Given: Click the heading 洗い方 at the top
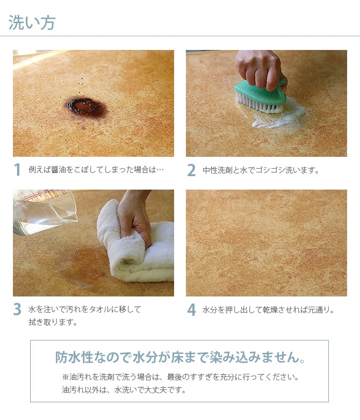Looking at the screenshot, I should click(x=32, y=23).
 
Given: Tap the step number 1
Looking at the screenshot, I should click(x=18, y=170).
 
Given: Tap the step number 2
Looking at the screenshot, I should click(x=191, y=170).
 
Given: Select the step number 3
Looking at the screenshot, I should click(x=18, y=310).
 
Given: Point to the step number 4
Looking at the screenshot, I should click(x=191, y=310).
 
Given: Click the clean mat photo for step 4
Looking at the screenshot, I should click(x=267, y=243).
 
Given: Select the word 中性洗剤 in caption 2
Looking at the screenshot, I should click(x=216, y=170).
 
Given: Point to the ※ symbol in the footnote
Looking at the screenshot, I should click(x=66, y=376).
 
